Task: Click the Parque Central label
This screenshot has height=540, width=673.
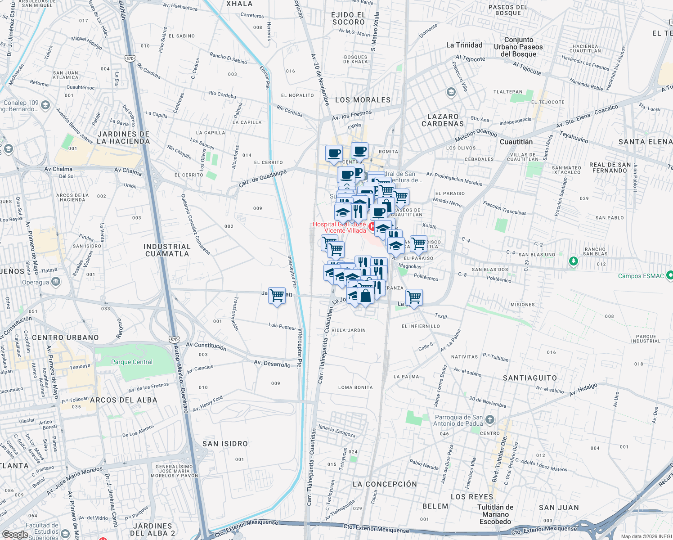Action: pos(132,362)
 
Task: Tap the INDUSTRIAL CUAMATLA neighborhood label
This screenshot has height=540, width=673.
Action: pos(167,250)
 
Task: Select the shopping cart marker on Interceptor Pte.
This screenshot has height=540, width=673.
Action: pos(277,296)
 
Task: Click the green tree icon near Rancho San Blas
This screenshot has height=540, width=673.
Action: pos(573,261)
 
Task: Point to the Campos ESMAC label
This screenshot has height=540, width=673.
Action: pos(641,276)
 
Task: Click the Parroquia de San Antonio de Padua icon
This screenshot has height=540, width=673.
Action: pos(490,420)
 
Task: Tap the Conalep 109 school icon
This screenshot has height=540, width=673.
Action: pos(45,105)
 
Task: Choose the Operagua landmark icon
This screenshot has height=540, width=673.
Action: pos(56,282)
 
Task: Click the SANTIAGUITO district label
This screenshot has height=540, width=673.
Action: pos(530,378)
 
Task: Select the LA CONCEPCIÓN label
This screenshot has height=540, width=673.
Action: pos(385,484)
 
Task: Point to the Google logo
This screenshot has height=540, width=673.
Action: pos(15,535)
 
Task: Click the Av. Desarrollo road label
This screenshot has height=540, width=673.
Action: pos(272,364)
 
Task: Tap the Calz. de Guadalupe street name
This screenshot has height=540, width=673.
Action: pos(262,179)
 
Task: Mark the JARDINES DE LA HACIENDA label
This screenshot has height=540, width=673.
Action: pos(123,138)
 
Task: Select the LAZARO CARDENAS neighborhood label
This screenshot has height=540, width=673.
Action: pos(443,120)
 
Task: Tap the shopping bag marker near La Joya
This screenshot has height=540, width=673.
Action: pos(366,296)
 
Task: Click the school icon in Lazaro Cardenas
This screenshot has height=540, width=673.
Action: pos(451,93)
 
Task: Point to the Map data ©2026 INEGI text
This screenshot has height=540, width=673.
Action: pos(646,536)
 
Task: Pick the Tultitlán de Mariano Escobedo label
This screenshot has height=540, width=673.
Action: pos(495,514)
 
